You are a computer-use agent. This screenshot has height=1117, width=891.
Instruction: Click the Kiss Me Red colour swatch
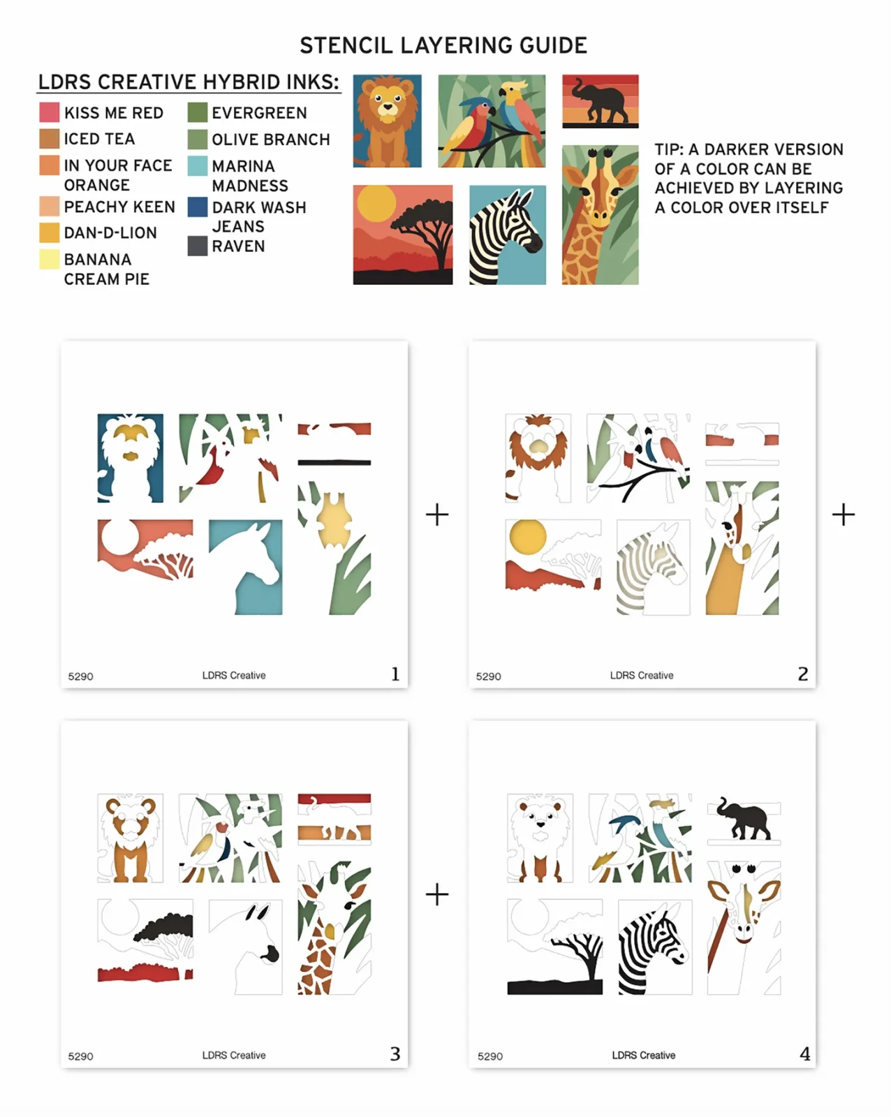point(49,112)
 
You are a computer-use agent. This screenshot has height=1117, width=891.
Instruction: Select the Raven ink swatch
point(198,246)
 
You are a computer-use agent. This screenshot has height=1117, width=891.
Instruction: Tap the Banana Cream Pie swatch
point(49,259)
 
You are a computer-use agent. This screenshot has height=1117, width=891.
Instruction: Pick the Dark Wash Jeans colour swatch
point(198,207)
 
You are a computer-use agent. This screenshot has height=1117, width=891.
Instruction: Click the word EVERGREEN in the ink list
point(259,112)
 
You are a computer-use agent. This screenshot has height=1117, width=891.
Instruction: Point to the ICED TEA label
point(99,139)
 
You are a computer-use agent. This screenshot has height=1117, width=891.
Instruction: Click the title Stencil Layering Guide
point(443,45)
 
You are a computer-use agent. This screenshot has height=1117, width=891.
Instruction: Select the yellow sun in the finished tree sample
point(376,203)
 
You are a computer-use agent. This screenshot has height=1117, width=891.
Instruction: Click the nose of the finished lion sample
point(387,108)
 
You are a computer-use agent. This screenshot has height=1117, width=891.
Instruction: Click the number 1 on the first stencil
point(395,674)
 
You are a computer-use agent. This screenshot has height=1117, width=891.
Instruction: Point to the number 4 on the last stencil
point(804,1053)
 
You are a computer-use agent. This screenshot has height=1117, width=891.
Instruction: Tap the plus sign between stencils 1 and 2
point(436,515)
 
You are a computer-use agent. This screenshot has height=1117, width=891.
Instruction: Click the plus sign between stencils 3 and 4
point(436,894)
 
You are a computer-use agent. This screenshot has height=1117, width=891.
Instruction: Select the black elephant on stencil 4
point(744,818)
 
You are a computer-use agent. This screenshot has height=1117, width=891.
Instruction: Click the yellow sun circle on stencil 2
point(527,538)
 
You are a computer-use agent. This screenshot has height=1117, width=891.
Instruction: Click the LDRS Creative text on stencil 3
point(234,1056)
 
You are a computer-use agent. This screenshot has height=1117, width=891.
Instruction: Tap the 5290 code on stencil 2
point(489,676)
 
